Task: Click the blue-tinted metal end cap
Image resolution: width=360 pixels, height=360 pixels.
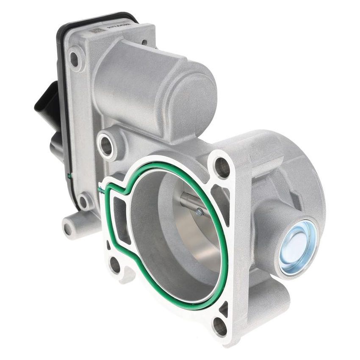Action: [x=298, y=246]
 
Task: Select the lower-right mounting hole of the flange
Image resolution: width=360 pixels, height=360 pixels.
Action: [x=220, y=326]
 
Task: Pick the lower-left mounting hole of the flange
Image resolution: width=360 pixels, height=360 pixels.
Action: [x=115, y=265]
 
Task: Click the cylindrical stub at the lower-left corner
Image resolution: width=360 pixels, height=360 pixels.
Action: [x=69, y=227]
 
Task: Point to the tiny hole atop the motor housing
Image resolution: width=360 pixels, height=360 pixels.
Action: [x=144, y=42]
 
